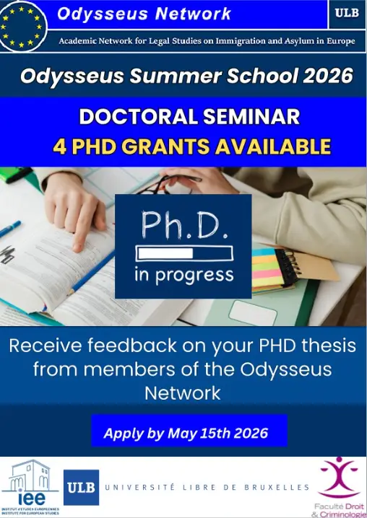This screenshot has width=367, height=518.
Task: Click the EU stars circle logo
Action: pos(23,25)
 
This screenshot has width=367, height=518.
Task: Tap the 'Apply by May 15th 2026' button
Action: pos(186,433)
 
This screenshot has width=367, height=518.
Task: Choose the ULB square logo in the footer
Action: pos(81,488)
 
